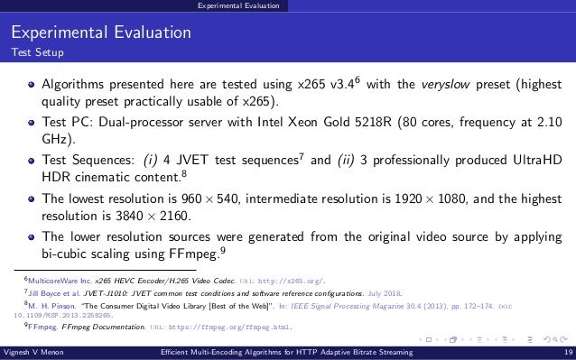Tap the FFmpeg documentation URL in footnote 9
(x=213, y=327)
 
